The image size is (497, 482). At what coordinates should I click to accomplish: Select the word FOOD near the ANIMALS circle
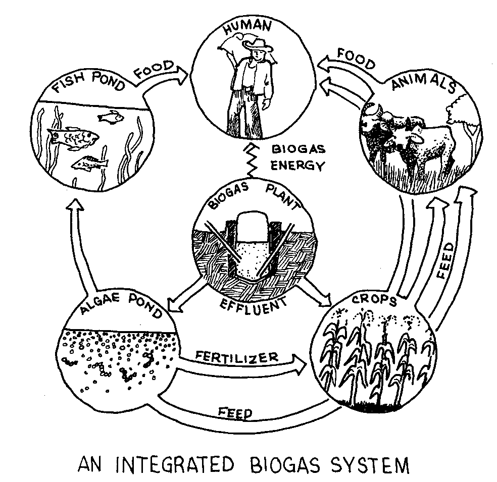356,58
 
